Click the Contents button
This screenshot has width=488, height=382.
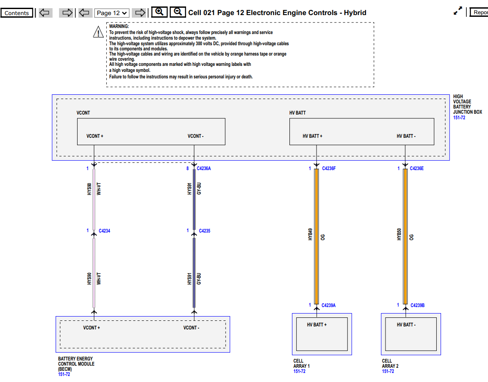(x=17, y=13)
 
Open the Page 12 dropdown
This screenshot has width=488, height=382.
(x=112, y=13)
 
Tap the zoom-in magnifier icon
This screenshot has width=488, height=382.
(x=159, y=12)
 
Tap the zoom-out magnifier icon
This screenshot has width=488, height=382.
(x=177, y=12)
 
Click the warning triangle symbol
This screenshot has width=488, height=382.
(x=98, y=31)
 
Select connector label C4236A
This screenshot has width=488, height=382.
(x=204, y=169)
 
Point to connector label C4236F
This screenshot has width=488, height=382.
(x=329, y=169)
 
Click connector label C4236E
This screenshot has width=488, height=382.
(x=417, y=169)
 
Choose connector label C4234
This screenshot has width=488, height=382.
(x=104, y=231)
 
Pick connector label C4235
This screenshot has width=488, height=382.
(x=205, y=231)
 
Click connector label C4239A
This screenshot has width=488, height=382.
(x=329, y=306)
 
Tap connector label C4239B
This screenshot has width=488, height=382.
(x=417, y=306)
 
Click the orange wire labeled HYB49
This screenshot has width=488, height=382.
(x=317, y=237)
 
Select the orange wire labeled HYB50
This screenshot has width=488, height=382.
(x=405, y=237)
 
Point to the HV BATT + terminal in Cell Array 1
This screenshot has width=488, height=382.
(x=317, y=325)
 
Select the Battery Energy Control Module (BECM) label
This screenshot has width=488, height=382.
(x=75, y=363)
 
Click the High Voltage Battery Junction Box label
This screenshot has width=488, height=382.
(x=467, y=104)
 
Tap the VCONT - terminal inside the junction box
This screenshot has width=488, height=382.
(x=196, y=136)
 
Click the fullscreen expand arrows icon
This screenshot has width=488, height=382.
(x=458, y=12)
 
